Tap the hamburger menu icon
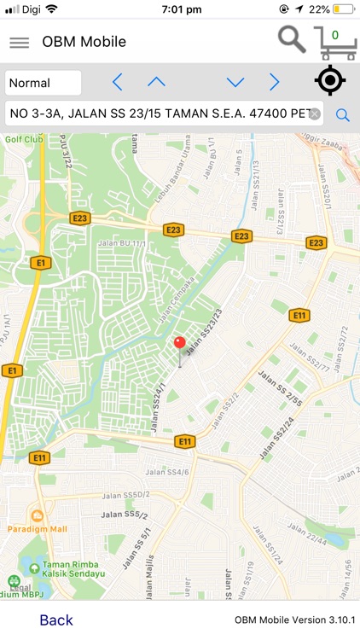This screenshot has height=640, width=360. [19, 43]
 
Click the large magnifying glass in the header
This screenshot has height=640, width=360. [292, 39]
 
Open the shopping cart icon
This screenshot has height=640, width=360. [334, 42]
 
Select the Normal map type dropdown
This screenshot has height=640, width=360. [44, 83]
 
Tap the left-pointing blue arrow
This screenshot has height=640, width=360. [117, 83]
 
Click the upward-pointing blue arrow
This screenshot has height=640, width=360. [156, 82]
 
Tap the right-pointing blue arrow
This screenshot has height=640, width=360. [274, 83]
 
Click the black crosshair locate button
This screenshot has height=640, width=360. [329, 80]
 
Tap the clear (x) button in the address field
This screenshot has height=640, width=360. [315, 114]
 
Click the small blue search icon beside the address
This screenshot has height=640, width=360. [343, 115]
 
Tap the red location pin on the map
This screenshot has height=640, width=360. [179, 344]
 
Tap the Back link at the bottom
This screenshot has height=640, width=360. [56, 620]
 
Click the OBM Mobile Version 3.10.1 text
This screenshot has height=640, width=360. [295, 620]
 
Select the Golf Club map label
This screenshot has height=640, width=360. [23, 138]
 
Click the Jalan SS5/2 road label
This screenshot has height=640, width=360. [125, 515]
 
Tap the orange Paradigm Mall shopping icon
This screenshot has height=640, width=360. [37, 515]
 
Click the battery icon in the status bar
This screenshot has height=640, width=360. [344, 9]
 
